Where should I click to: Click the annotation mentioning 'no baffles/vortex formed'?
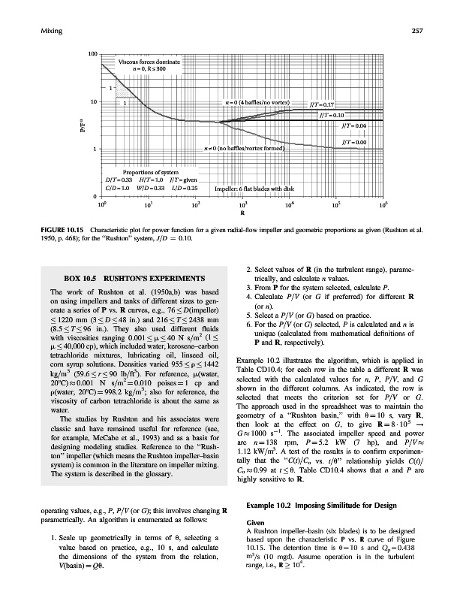245,148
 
